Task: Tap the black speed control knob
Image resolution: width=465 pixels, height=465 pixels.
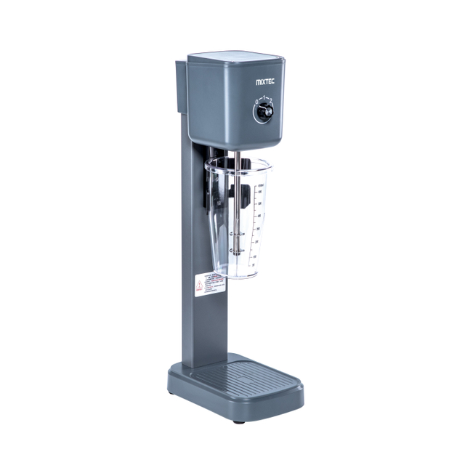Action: pos(262,112)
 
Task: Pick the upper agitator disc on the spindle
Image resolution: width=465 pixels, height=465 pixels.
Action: pos(237,234)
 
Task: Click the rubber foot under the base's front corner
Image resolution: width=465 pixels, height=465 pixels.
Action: pos(239,421)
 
